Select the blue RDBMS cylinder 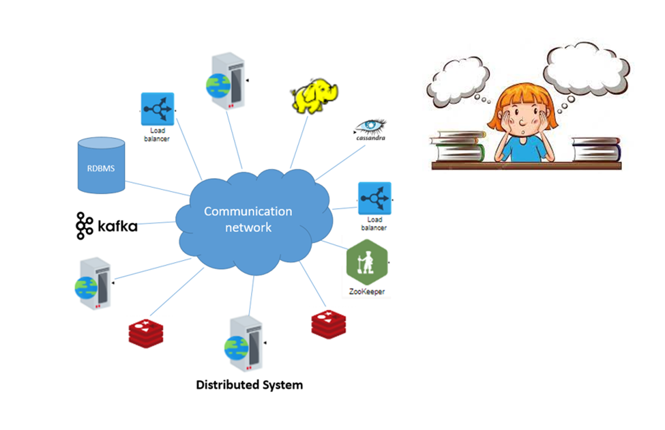pos(101,165)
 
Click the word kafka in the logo pos(117,226)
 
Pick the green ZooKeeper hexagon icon pos(366,264)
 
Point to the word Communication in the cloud pos(248,212)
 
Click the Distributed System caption pos(249,385)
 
